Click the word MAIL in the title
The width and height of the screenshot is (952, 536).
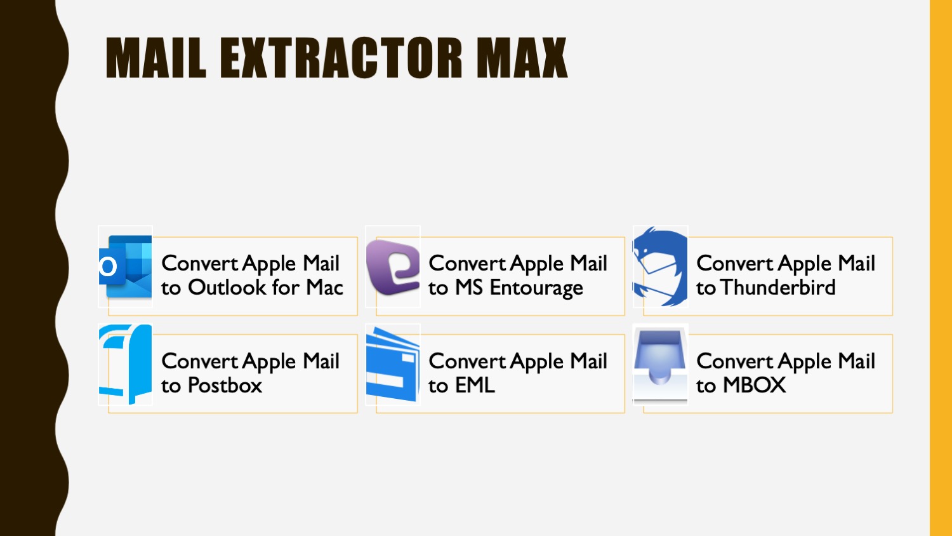[x=156, y=58]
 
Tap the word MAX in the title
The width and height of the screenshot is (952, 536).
[x=522, y=58]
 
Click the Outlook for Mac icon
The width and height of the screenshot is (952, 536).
[x=126, y=266]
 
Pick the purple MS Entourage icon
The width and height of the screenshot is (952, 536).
[x=393, y=267]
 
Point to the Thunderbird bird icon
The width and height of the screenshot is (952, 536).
[x=660, y=266]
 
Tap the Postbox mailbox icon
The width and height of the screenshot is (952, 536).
[x=126, y=364]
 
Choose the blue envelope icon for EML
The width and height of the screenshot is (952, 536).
[x=393, y=364]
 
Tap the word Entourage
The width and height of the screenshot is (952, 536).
[x=536, y=288]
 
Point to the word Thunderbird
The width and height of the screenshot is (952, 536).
[x=777, y=287]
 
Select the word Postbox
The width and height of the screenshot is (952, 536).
[x=225, y=385]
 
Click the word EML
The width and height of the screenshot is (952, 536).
[x=475, y=385]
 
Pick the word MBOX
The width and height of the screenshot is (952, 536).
[x=755, y=385]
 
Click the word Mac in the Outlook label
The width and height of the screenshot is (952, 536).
[x=325, y=287]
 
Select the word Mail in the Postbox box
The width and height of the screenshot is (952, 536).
[x=321, y=361]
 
